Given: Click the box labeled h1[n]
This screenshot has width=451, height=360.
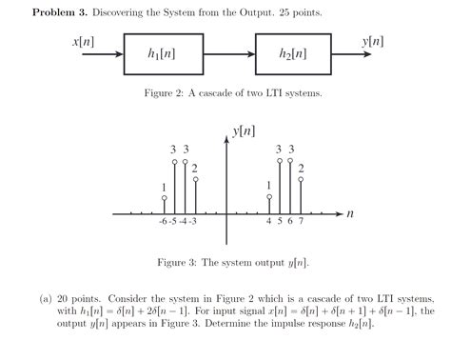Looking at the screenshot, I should tap(161, 55).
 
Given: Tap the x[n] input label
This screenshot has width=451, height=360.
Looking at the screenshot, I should tap(83, 43).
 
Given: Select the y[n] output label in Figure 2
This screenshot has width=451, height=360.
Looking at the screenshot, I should tap(373, 43).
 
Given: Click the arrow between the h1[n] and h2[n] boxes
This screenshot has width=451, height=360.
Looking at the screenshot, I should tap(226, 55).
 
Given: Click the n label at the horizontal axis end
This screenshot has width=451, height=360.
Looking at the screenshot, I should tap(350, 214).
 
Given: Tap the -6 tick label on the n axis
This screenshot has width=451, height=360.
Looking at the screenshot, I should tap(164, 223).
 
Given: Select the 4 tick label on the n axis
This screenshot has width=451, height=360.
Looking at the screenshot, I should tap(269, 223).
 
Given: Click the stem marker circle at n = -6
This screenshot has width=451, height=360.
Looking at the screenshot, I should tap(165, 198).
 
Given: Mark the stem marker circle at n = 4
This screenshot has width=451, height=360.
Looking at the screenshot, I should tap(269, 198).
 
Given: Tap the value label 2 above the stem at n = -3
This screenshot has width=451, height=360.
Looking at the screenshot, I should tap(195, 170).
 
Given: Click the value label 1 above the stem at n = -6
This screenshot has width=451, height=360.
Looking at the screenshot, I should tap(165, 187).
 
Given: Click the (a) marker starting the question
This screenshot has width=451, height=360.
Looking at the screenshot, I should tap(45, 297).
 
